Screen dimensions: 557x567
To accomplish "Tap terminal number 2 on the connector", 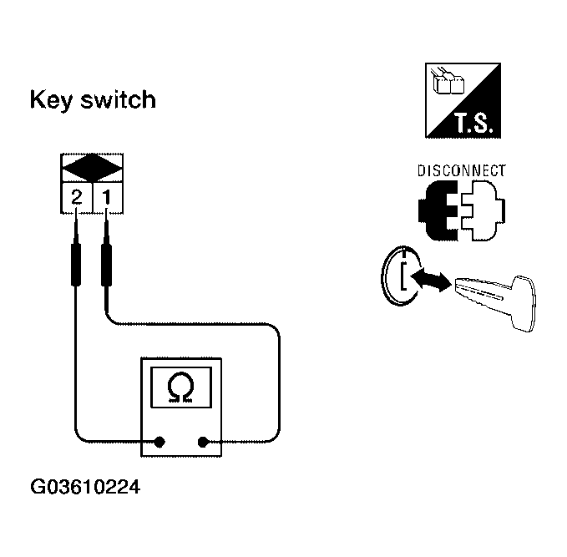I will coord(76,198).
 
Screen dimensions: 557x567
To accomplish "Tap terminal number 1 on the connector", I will coord(106,198).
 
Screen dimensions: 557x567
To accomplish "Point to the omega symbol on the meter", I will coord(179,386).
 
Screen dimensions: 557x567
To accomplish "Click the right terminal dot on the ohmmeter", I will coord(202,440).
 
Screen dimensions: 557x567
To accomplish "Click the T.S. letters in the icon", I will coord(475,125).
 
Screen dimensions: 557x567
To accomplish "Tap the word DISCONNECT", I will coord(461,170).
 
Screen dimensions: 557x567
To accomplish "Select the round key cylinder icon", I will coord(402,275).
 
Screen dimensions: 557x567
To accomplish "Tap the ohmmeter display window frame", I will coord(179,385).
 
